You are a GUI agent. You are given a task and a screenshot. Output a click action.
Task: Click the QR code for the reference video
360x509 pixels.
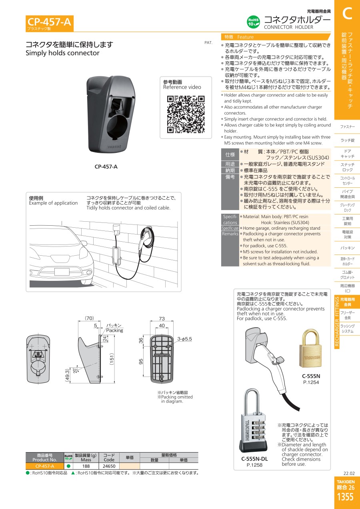[186, 114]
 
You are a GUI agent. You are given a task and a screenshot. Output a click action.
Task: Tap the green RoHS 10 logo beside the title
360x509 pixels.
[253, 22]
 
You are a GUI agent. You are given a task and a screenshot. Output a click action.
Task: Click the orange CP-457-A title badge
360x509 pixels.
[50, 23]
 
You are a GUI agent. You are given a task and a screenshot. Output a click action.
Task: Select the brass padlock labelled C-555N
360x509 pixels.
[310, 348]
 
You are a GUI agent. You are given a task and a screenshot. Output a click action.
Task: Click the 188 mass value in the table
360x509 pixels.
[86, 466]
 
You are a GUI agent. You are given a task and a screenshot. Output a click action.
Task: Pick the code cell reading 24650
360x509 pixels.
[109, 466]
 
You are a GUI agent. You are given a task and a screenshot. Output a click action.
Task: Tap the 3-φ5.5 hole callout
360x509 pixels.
[184, 339]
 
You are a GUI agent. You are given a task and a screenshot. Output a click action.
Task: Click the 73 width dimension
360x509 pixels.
[162, 319]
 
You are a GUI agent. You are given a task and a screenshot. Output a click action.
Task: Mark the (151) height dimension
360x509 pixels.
[112, 359]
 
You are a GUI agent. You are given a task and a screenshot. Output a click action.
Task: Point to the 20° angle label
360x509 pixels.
[75, 371]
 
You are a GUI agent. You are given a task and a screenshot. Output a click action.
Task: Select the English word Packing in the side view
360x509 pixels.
[114, 331]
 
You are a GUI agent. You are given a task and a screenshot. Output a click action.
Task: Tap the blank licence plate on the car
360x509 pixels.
[62, 272]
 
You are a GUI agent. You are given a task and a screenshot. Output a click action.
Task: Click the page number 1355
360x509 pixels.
[345, 497]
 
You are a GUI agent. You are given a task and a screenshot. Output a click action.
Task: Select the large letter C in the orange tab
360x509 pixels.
[347, 14]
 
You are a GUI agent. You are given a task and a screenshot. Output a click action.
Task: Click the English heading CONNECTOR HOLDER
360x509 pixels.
[288, 27]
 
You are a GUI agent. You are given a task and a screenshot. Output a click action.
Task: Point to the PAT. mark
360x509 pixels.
[208, 42]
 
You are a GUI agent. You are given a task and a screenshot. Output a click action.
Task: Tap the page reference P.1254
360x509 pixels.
[311, 382]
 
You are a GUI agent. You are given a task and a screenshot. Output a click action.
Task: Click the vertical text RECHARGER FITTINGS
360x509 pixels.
[337, 322]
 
